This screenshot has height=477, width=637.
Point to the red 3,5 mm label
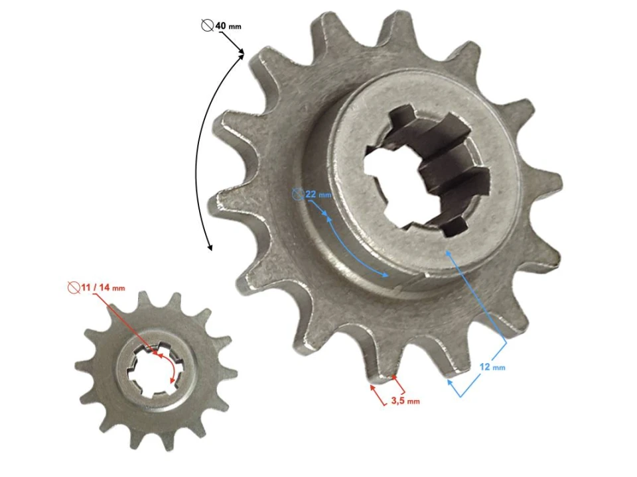point(404,400)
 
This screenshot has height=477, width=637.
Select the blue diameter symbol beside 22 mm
point(298,195)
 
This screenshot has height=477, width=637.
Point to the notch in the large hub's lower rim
point(396,286)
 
